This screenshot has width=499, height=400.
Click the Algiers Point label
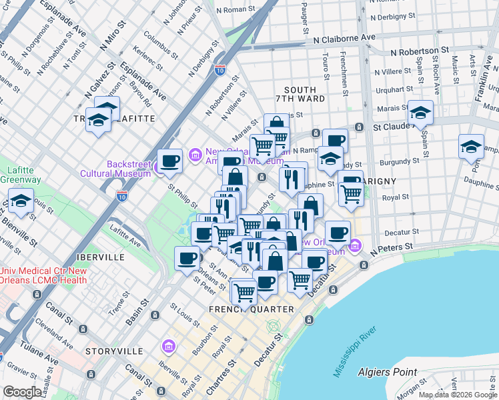point(387,372)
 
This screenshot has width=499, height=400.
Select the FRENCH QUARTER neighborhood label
point(251,309)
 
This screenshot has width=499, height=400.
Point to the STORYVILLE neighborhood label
point(114,351)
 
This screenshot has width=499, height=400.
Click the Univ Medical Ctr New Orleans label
point(43,274)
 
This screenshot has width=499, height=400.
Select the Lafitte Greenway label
point(20,175)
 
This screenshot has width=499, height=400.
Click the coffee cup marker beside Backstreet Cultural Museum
point(170,161)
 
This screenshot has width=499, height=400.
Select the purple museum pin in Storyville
point(167,346)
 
